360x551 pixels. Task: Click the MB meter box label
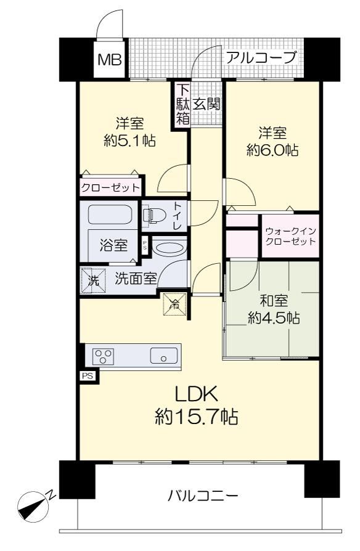[x=110, y=60]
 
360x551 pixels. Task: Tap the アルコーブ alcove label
[x=261, y=57]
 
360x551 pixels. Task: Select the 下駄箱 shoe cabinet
[x=182, y=104]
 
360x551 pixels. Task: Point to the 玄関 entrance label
[x=207, y=104]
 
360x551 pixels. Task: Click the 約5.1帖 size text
[x=129, y=141]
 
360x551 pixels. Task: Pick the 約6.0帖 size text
[x=272, y=150]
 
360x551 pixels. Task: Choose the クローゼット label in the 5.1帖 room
[x=110, y=188]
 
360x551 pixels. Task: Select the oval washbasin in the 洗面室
[x=170, y=249]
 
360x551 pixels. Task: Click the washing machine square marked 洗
[x=94, y=280]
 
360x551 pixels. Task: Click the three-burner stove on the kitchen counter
[x=103, y=356]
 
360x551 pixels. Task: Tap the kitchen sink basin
[x=164, y=356]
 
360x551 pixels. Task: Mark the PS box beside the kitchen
[x=87, y=375]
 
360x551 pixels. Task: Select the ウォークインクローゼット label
[x=290, y=236]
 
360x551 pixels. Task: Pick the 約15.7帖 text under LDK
[x=197, y=417]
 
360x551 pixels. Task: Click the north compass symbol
[x=33, y=505]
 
